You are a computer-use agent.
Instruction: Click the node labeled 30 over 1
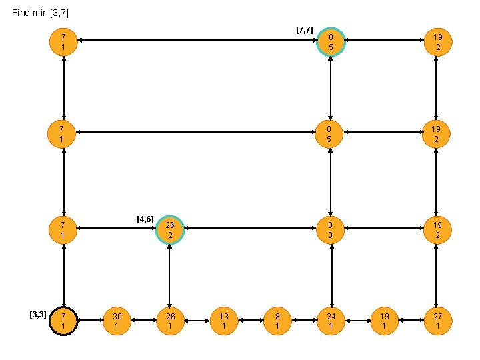point(117,321)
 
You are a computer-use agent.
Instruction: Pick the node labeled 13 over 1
point(224,321)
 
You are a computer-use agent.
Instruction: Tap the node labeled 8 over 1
point(277,321)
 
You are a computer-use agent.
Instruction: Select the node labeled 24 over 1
point(331,321)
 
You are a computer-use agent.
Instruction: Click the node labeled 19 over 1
point(384,321)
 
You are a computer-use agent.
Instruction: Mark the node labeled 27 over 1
point(437,321)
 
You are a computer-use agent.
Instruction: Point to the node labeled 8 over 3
point(331,230)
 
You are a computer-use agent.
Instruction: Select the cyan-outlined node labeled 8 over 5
point(331,42)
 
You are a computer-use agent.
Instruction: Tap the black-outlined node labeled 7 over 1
point(63,321)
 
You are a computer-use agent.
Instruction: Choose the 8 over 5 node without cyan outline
point(331,135)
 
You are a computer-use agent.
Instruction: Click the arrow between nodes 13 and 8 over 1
point(251,321)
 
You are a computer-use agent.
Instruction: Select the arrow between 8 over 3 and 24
point(331,275)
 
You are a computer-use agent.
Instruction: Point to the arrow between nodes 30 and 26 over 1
point(143,321)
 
